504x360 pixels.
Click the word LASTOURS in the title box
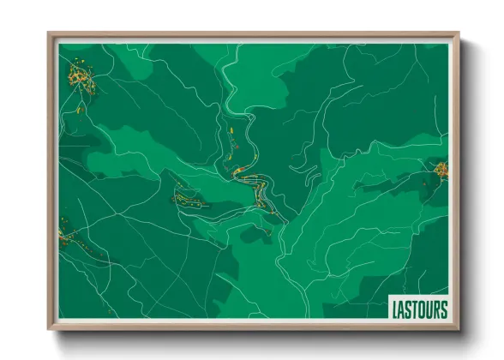coord(418,308)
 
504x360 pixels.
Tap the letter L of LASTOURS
coord(396,308)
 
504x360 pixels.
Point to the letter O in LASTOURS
coord(421,308)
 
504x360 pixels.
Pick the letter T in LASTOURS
coord(414,308)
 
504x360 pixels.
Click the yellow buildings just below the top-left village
coord(78,109)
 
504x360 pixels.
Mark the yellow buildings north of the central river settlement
coord(232,137)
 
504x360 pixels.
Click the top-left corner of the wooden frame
coord(49,34)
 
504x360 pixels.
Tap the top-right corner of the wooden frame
coord(459,34)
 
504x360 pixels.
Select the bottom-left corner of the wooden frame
coord(49,330)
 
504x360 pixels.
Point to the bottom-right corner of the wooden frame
coord(459,330)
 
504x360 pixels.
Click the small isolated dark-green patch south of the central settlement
coord(256,233)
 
